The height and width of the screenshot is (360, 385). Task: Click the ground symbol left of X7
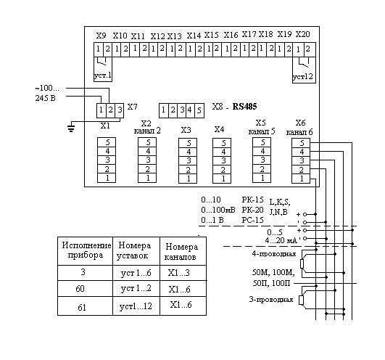tap(71, 128)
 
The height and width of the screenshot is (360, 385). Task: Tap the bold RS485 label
tap(244, 107)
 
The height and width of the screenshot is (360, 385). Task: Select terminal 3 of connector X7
tap(120, 110)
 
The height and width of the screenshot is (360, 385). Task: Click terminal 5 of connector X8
tap(199, 110)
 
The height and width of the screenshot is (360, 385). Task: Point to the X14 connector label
tap(194, 36)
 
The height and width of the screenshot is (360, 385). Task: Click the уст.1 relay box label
tap(103, 75)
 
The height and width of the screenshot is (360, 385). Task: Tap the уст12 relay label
tap(303, 77)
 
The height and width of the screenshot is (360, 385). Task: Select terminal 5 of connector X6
tap(301, 143)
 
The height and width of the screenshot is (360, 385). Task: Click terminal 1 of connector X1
tap(107, 178)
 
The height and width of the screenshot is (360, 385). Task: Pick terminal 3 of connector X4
tap(222, 160)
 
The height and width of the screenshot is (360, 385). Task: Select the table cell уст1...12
tap(136, 306)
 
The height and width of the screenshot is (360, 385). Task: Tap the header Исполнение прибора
tap(86, 250)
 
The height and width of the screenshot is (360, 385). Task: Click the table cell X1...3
tap(179, 273)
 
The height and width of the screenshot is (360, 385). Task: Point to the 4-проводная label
tap(274, 254)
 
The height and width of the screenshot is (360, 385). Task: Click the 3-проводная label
tap(271, 300)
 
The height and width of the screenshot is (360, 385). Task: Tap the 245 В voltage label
tap(46, 98)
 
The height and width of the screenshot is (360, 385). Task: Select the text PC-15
tap(252, 220)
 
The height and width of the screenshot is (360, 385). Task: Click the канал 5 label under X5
tap(262, 131)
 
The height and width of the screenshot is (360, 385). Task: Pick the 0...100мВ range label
tap(218, 210)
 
